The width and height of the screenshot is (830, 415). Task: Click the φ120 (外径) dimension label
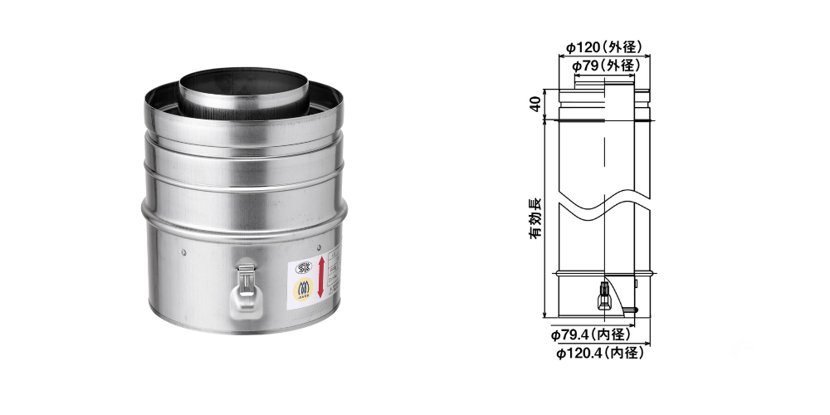pos(605,47)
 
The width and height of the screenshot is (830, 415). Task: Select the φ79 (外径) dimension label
pos(605,65)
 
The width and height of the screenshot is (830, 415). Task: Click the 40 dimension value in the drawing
pos(536,104)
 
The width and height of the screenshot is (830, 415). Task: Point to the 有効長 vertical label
pos(536,217)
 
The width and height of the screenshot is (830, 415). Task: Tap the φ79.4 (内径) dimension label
pos(590,335)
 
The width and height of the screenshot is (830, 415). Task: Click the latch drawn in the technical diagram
pos(603,293)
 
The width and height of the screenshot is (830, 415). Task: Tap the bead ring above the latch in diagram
pos(603,273)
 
